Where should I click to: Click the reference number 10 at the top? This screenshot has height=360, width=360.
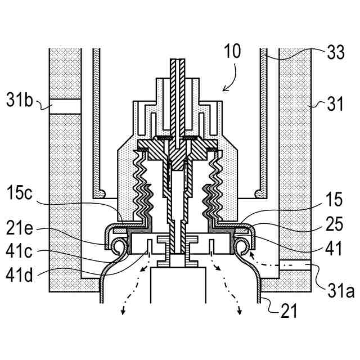click(232, 51)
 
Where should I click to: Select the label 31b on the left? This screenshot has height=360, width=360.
click(20, 100)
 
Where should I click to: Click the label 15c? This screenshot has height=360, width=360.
click(20, 193)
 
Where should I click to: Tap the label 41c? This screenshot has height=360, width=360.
click(19, 251)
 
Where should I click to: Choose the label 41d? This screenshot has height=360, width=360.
click(19, 275)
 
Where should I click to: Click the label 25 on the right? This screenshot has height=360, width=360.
click(334, 223)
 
